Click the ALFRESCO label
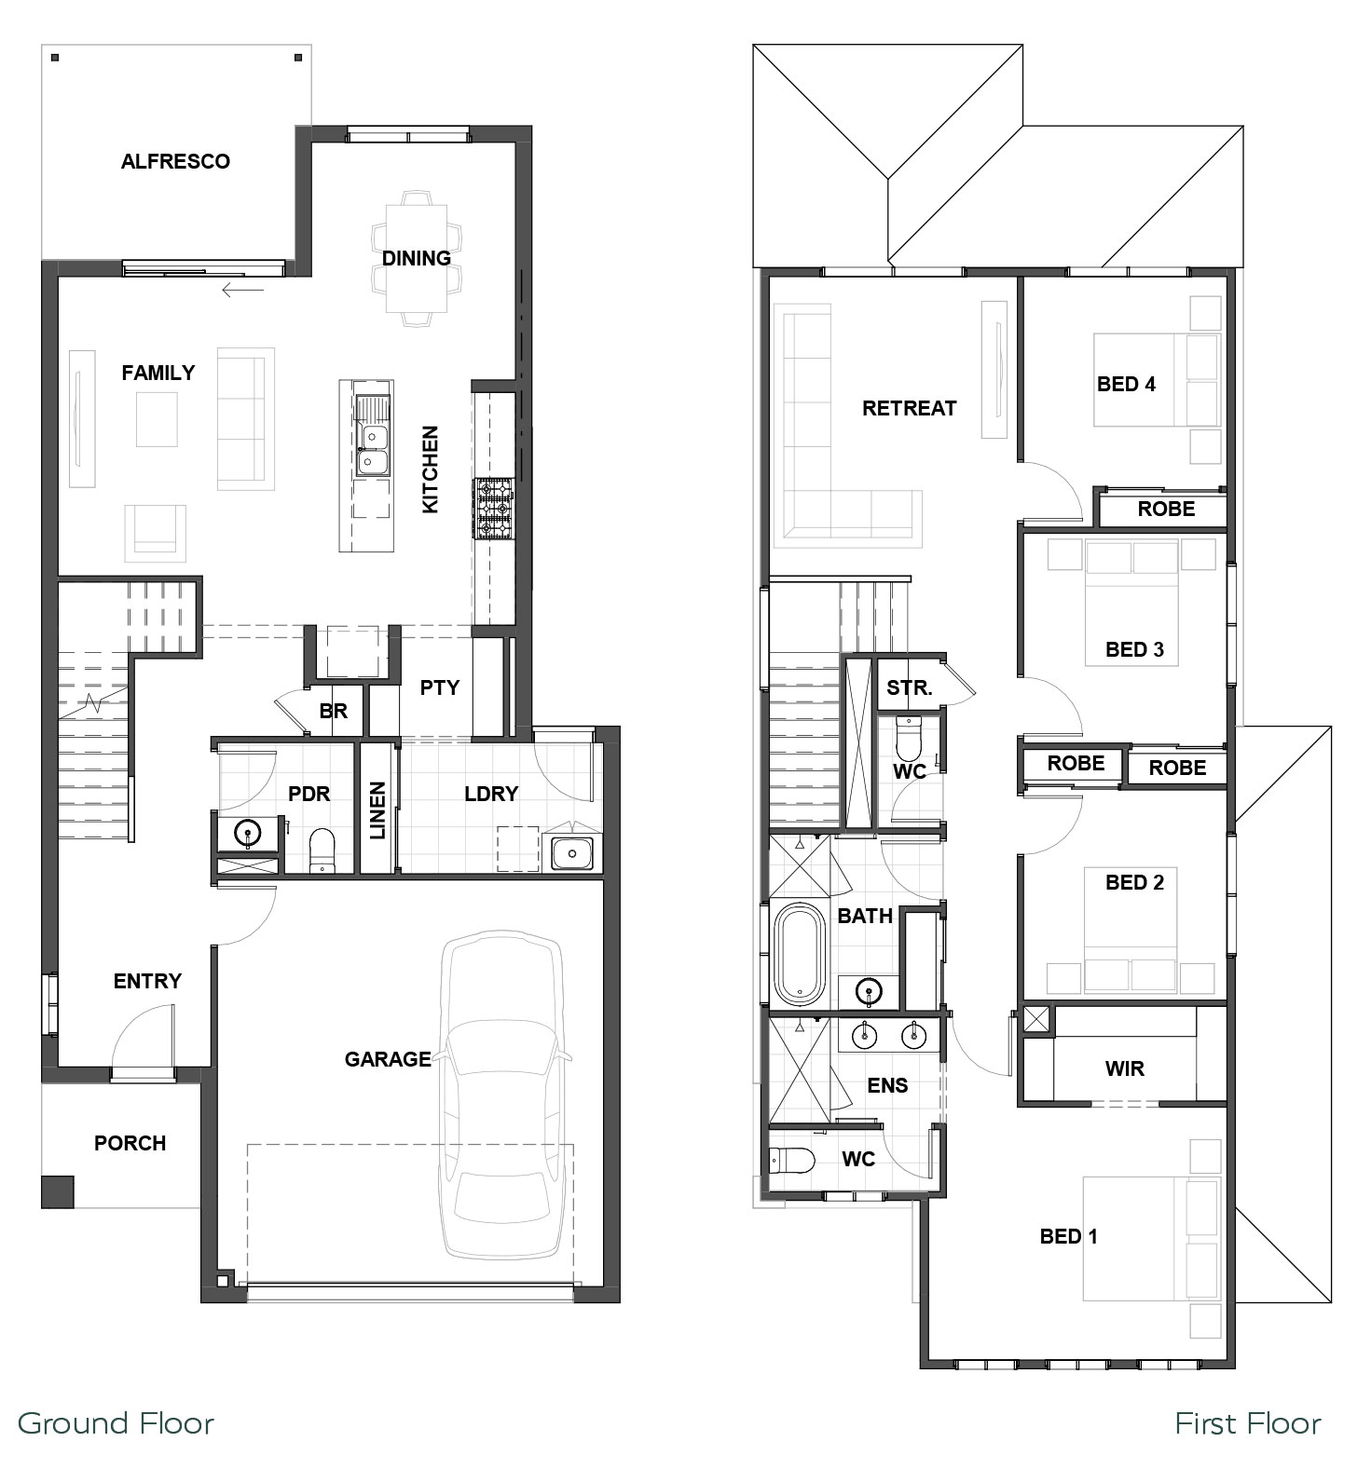click(175, 161)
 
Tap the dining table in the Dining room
click(417, 258)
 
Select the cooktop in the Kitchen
click(494, 509)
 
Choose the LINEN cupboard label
click(377, 810)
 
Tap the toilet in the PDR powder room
click(322, 850)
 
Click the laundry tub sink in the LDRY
click(571, 852)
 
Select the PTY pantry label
click(439, 687)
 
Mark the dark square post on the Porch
click(58, 1191)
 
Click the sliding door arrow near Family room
click(242, 290)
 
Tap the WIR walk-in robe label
click(1124, 1068)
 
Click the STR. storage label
click(909, 688)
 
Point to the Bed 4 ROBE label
click(1166, 509)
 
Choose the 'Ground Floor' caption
click(117, 1423)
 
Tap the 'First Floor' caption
click(1248, 1423)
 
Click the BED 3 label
click(1134, 649)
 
